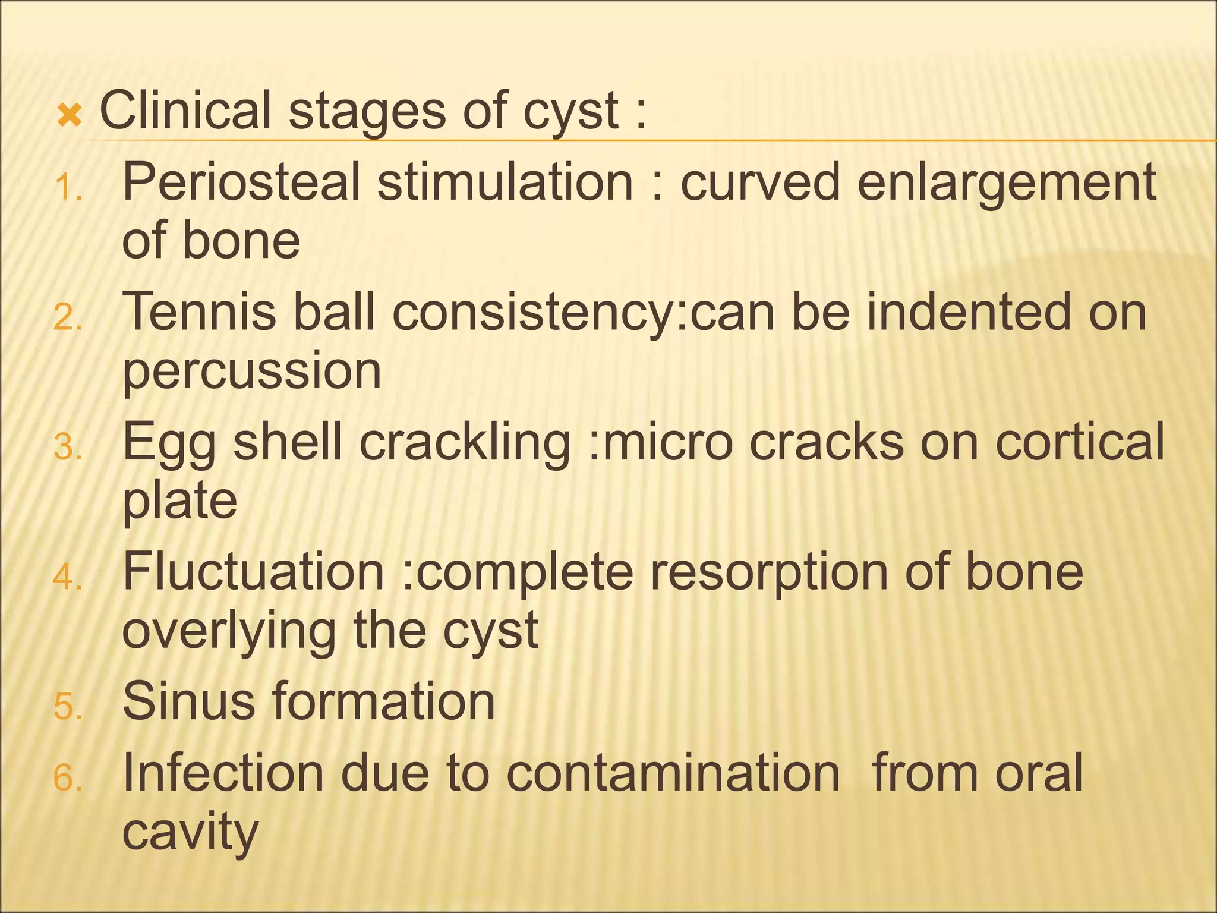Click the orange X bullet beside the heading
[69, 115]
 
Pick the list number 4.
[67, 577]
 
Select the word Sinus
[189, 701]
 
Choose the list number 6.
[67, 778]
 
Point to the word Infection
[223, 772]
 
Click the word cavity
[190, 833]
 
